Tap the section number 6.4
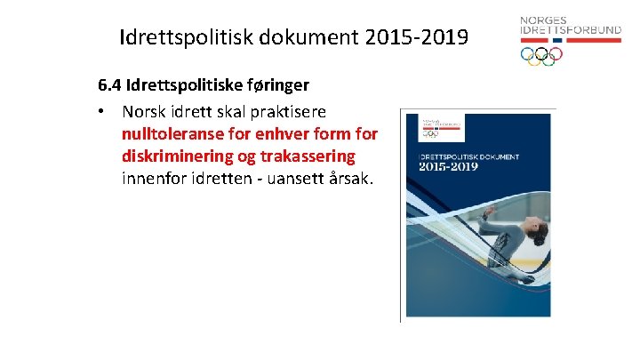point(110,86)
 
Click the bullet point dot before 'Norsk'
point(103,112)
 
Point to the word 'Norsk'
point(144,112)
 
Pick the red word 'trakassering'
point(305,156)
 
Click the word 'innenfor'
point(155,178)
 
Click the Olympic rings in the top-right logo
point(541,55)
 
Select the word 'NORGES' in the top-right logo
point(542,20)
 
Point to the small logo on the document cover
point(431,128)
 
